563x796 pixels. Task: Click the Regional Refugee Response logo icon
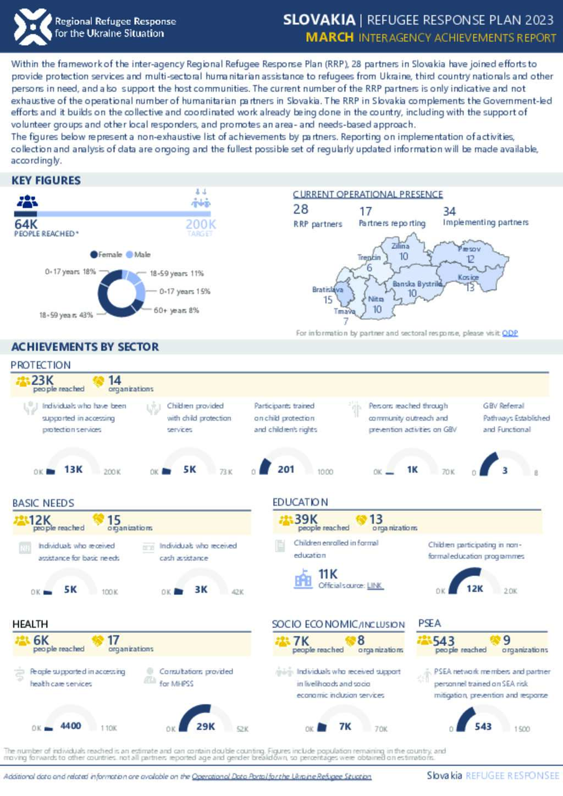(32, 26)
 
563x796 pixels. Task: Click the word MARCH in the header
(330, 37)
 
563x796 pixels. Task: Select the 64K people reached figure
(26, 224)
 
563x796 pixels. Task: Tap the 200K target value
(200, 224)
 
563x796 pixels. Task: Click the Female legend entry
(107, 254)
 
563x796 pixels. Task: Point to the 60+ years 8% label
(176, 310)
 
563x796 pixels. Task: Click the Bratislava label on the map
(328, 290)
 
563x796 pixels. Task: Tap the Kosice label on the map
(468, 277)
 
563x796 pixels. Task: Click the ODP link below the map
(510, 333)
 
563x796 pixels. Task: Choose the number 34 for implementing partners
(449, 211)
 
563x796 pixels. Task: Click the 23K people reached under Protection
(42, 380)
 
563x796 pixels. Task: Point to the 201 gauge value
(286, 469)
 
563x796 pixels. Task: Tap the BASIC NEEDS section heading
(43, 503)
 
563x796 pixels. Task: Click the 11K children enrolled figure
(328, 574)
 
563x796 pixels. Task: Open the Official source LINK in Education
(374, 586)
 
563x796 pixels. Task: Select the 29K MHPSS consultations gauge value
(206, 726)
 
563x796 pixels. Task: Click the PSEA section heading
(429, 623)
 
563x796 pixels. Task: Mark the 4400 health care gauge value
(70, 726)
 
